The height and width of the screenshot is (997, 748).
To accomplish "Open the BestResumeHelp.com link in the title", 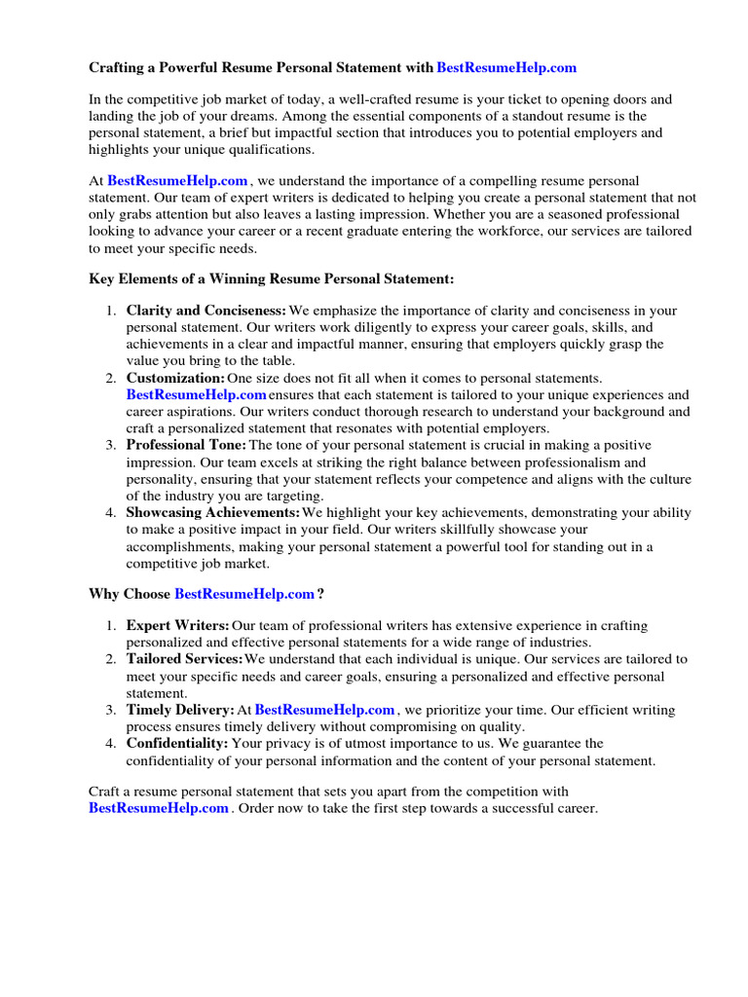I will point(506,68).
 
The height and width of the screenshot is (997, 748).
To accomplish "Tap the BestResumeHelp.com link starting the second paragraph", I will point(177,181).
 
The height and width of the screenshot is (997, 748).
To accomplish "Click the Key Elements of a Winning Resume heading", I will point(272,279).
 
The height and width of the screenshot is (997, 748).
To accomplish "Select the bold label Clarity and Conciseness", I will point(206,311).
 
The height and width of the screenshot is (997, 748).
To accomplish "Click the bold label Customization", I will point(175,378).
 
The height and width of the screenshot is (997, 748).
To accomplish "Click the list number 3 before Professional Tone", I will point(110,445).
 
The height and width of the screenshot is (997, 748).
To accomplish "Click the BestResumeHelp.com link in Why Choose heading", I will point(244,594).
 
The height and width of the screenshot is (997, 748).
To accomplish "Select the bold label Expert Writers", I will point(178,625).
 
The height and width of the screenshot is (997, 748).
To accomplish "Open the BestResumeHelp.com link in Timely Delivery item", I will point(324,710).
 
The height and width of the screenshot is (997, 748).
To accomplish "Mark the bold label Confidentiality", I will point(177,743).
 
